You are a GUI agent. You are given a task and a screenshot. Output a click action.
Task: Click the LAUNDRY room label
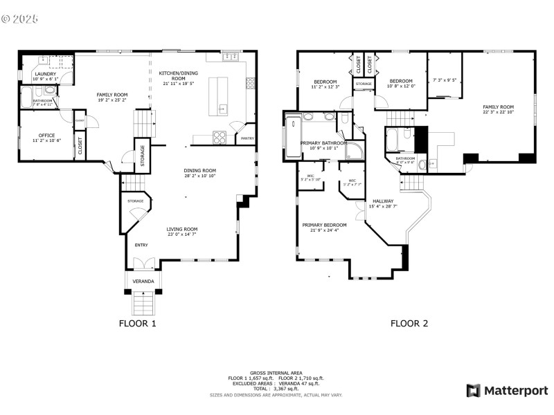click(45, 75)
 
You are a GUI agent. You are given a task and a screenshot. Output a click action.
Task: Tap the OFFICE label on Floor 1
click(46, 135)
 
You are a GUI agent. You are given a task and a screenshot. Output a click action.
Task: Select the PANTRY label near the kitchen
click(247, 138)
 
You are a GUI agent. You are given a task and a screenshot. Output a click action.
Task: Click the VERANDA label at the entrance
click(144, 281)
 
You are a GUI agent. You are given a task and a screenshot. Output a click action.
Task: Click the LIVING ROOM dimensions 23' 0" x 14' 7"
click(181, 234)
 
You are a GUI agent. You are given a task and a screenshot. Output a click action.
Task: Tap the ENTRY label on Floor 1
click(141, 245)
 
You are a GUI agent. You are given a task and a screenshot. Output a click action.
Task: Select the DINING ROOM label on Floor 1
click(200, 170)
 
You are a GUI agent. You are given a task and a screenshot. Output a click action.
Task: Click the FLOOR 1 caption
click(138, 323)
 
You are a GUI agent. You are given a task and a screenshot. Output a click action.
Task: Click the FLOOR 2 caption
click(409, 323)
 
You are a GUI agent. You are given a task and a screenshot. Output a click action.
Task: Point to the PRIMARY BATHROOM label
click(323, 143)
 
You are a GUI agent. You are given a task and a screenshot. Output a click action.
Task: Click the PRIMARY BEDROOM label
click(324, 225)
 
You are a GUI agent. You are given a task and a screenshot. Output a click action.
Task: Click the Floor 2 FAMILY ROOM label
click(498, 107)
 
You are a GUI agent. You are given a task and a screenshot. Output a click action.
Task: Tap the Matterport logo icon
click(474, 391)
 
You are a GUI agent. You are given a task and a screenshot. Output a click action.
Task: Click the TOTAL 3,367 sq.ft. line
click(276, 389)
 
